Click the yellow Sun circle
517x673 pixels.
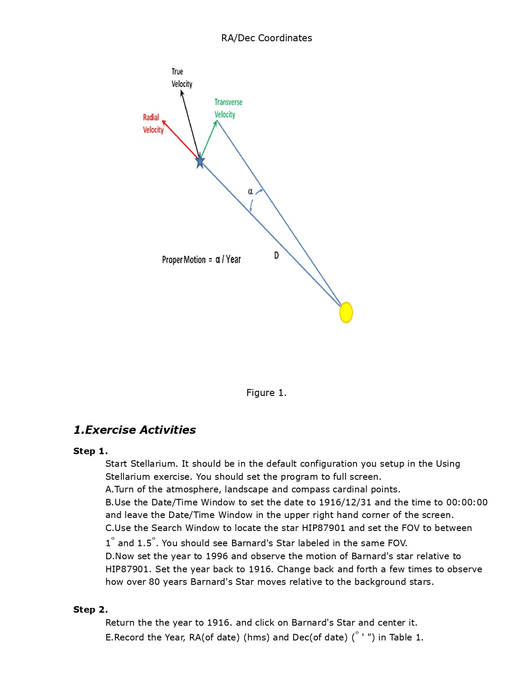click(x=346, y=312)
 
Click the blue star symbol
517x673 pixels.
click(x=200, y=162)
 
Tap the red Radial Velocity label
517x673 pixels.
click(x=153, y=123)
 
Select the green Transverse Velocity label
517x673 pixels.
click(x=228, y=108)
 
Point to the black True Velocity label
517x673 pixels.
click(x=181, y=78)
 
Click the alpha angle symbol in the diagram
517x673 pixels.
click(x=250, y=191)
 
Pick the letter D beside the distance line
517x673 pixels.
click(x=276, y=255)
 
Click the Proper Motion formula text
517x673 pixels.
click(x=201, y=260)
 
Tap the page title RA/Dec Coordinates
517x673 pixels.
click(x=266, y=38)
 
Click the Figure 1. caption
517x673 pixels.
click(x=266, y=393)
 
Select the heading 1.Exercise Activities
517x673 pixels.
click(x=134, y=430)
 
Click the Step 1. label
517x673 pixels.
click(x=90, y=451)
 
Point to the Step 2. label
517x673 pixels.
click(x=90, y=610)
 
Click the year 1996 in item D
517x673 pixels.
click(x=216, y=556)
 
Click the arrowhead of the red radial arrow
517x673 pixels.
click(x=164, y=122)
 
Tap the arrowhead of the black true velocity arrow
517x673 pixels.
click(x=182, y=92)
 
